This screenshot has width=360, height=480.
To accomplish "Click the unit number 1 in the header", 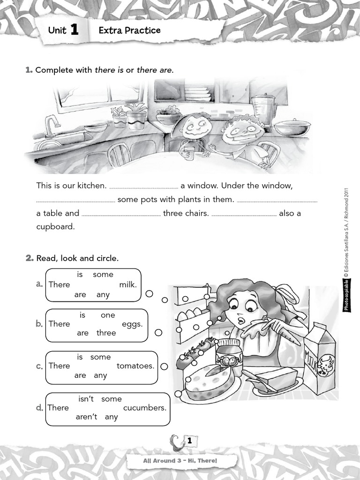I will pos(74,30).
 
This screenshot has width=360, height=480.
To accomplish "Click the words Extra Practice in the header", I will pos(129,30).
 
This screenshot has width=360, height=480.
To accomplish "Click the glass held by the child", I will pos(189,153).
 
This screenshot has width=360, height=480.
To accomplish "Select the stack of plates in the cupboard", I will pos(197,93).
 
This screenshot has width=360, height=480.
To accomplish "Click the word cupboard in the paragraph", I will pos(55,226).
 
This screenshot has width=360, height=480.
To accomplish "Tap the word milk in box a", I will pos(127,285).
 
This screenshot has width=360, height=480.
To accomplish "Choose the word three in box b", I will pos(106,333).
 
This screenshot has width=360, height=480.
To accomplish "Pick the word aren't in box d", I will pos(86,417).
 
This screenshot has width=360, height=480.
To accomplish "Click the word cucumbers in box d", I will pos(145,408).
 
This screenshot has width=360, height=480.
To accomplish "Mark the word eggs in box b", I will pos(132,324).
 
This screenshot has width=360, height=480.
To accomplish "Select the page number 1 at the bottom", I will pos(189,441).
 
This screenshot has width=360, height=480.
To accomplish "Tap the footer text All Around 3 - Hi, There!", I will pos(180,461).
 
